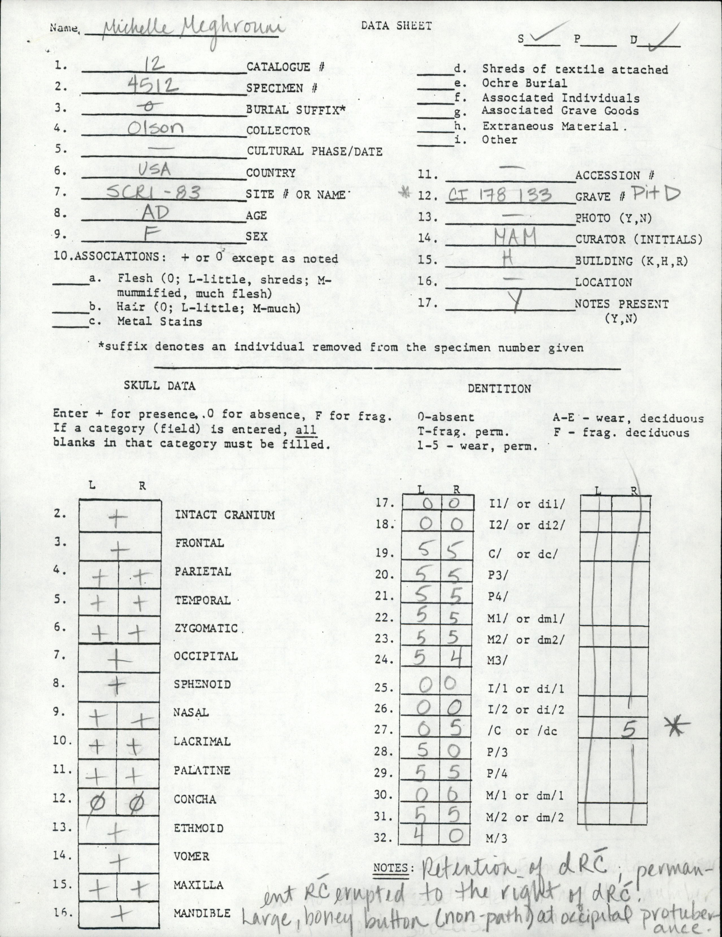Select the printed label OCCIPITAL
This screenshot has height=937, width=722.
(x=206, y=656)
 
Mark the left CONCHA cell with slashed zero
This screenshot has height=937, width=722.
(x=97, y=802)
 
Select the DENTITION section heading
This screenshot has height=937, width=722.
(x=499, y=389)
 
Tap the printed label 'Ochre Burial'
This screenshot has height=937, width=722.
(x=525, y=83)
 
